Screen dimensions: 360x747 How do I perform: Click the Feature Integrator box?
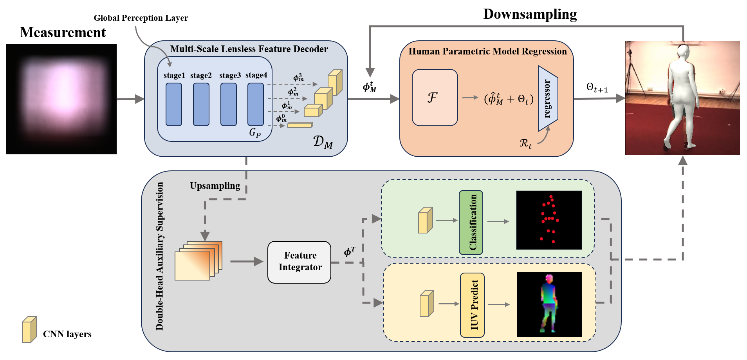point(299,262)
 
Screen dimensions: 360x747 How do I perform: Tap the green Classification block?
point(471,222)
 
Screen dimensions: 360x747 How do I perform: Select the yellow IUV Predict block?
point(472,305)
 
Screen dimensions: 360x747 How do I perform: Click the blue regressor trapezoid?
point(548,98)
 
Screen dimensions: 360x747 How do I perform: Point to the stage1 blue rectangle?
point(173,104)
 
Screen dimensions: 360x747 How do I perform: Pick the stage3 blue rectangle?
point(228,104)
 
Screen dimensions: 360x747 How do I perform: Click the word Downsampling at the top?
point(530,14)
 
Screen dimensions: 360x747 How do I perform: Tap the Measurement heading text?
point(63,33)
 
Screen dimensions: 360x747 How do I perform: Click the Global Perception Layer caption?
point(141,18)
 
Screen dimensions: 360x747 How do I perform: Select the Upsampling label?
point(215,186)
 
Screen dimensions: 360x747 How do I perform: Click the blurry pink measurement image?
point(61,99)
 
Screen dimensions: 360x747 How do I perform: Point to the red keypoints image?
point(549,220)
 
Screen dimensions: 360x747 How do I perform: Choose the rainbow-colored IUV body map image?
point(549,304)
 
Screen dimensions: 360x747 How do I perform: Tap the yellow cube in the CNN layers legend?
point(29,329)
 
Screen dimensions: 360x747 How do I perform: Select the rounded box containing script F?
point(435,98)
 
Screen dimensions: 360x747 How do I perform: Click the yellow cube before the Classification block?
point(425,220)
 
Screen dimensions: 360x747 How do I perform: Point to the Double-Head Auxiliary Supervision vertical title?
point(160,256)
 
